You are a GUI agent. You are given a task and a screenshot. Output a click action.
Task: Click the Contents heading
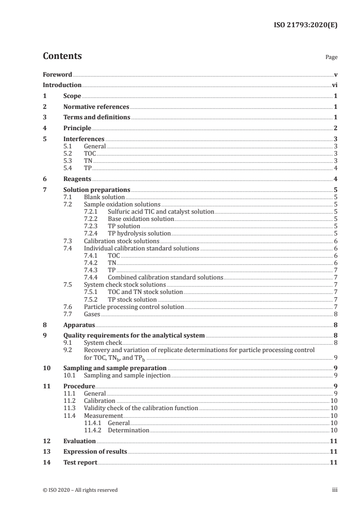pyautogui.click(x=62, y=56)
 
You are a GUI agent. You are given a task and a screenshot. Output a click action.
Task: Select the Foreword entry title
pyautogui.click(x=57, y=74)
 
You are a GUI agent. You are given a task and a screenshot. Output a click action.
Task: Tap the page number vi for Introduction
pyautogui.click(x=334, y=85)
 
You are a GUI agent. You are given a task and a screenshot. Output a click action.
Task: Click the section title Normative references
pyautogui.click(x=96, y=107)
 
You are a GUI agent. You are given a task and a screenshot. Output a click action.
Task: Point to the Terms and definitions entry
pyautogui.click(x=97, y=117)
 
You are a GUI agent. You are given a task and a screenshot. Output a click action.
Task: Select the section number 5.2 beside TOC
pyautogui.click(x=68, y=153)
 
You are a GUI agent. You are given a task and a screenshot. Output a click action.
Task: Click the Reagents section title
pyautogui.click(x=77, y=179)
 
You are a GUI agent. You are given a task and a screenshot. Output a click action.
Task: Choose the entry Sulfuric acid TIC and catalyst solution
pyautogui.click(x=161, y=212)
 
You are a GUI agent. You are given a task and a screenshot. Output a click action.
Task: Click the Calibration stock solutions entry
pyautogui.click(x=122, y=241)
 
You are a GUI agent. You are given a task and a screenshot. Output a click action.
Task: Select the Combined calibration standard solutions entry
pyautogui.click(x=165, y=277)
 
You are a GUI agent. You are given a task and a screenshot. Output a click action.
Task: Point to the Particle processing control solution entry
pyautogui.click(x=134, y=307)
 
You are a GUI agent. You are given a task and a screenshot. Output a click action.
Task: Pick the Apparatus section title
pyautogui.click(x=79, y=325)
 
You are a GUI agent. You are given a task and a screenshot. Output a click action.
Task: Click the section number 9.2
pyautogui.click(x=68, y=350)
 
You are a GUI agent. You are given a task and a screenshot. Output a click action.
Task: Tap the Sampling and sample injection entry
pyautogui.click(x=127, y=375)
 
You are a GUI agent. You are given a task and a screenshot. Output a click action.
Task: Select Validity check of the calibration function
pyautogui.click(x=141, y=408)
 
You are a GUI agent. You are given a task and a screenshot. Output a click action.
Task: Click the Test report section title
pyautogui.click(x=80, y=462)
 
